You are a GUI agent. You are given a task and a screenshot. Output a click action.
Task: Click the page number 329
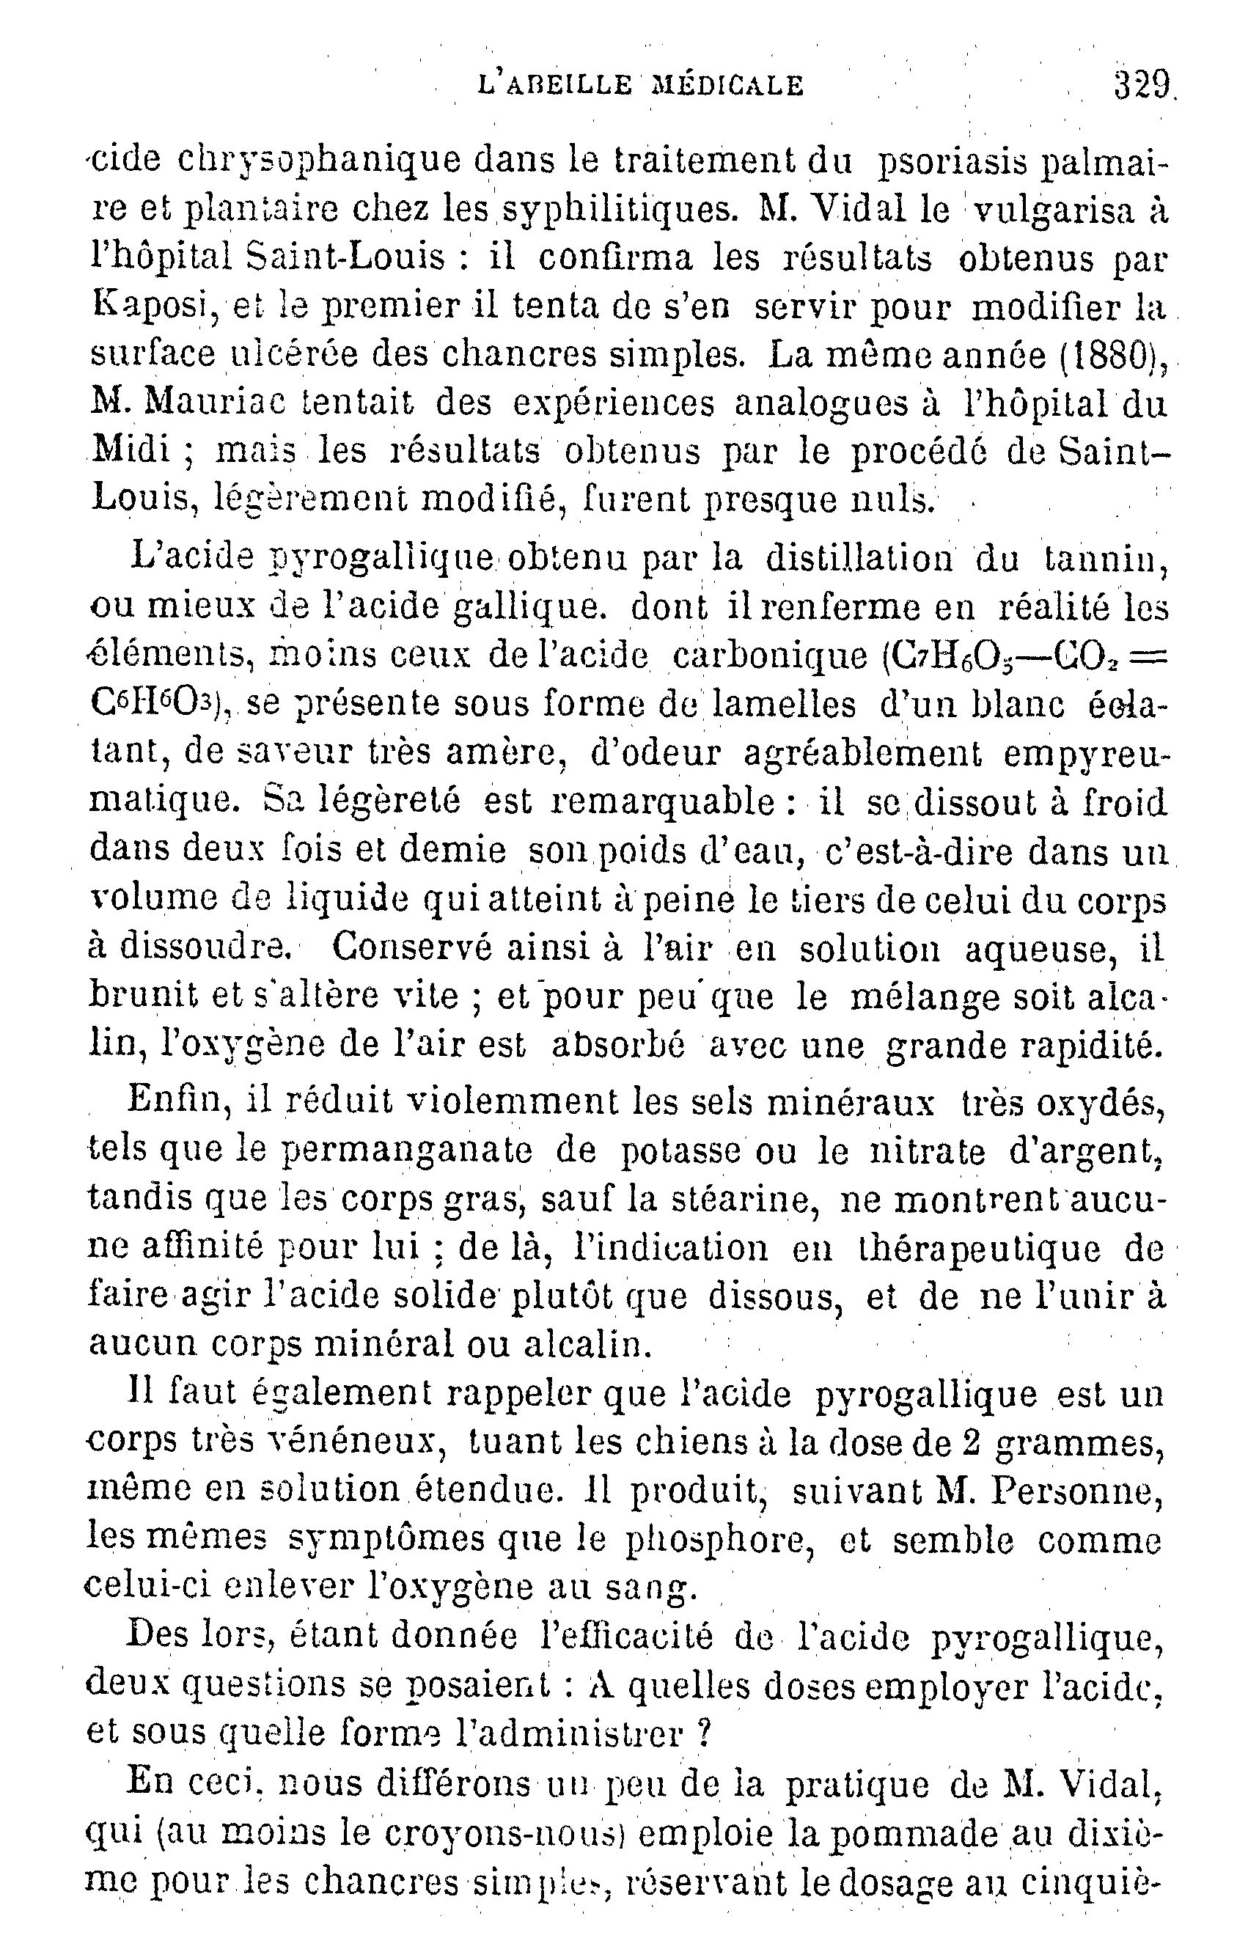1142,84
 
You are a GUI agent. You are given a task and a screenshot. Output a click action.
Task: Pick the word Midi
131,451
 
